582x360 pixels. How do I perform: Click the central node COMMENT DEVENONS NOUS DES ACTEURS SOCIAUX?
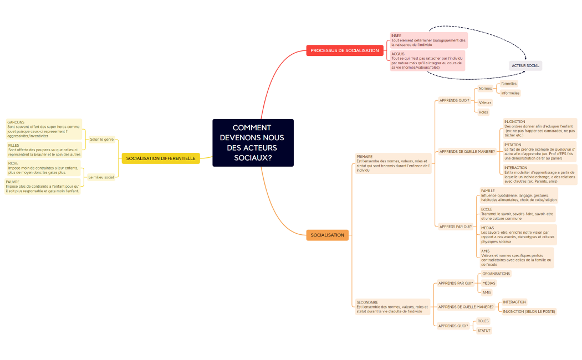click(x=253, y=143)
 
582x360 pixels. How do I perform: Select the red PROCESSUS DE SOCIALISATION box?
click(x=345, y=50)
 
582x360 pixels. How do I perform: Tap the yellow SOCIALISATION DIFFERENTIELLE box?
click(x=161, y=158)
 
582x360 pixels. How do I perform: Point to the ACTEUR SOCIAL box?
click(x=525, y=65)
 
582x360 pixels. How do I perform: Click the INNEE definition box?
click(x=428, y=40)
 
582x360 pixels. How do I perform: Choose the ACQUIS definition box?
click(x=427, y=60)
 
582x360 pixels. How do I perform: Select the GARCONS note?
click(x=44, y=128)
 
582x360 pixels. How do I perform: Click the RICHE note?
click(x=44, y=168)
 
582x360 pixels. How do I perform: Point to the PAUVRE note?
click(x=43, y=186)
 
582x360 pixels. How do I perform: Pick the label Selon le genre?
click(x=101, y=140)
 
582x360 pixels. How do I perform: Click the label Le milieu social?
click(x=101, y=177)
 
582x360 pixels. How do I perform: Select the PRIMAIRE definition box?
click(x=393, y=163)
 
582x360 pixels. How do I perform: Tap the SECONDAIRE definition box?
click(x=392, y=307)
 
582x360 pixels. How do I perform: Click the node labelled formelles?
click(x=509, y=84)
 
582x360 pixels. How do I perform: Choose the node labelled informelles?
click(x=510, y=93)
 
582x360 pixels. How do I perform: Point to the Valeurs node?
click(x=485, y=102)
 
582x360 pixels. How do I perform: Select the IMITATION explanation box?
click(x=539, y=151)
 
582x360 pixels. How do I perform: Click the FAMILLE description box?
click(x=518, y=195)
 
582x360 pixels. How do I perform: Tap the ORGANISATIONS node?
click(x=496, y=274)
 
